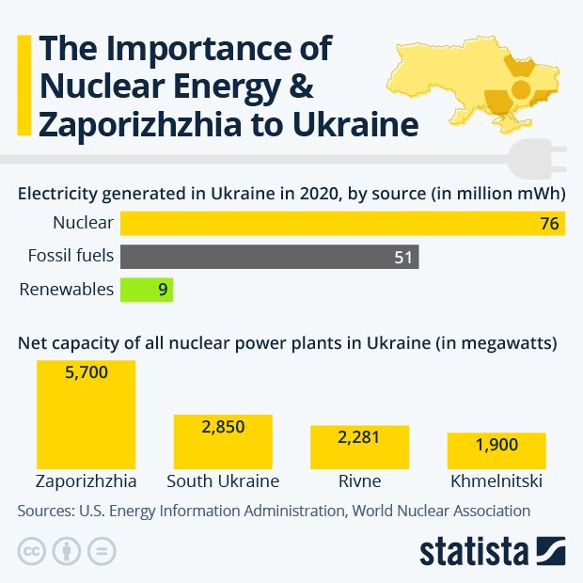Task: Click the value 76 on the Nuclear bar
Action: coord(549,224)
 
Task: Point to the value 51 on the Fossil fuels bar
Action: coord(404,257)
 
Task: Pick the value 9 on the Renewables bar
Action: coord(163,290)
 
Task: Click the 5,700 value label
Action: coord(86,372)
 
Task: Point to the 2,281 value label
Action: coord(359,437)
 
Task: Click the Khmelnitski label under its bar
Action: coord(496,481)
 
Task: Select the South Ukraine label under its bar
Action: coord(223,481)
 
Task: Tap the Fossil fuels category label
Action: coord(71,257)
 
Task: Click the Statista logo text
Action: coord(474,551)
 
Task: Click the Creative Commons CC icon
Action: coord(32,551)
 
